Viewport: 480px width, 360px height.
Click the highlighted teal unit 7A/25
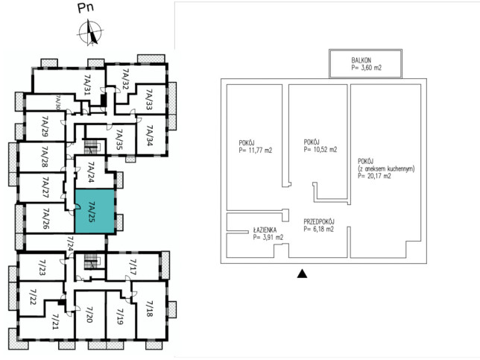coord(95,212)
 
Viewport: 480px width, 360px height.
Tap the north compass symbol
coord(90,32)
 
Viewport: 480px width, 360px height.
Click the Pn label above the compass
coord(86,7)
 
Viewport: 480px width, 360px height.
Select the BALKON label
coord(361,60)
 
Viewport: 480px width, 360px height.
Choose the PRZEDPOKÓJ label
coord(319,221)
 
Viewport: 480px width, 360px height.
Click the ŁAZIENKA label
coord(265,230)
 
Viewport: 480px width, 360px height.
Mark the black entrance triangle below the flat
coord(302,274)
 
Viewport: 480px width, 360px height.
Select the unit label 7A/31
coord(87,84)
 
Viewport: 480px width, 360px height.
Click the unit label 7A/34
coord(149,136)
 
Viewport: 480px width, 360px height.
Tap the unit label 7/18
coord(149,309)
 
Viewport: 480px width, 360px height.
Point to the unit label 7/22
coord(33,297)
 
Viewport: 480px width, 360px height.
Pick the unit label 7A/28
coord(45,157)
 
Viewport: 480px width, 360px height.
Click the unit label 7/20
coord(89,315)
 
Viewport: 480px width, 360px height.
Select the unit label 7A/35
coord(119,139)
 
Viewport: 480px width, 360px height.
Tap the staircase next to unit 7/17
coord(91,261)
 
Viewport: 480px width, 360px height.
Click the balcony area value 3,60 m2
coord(367,68)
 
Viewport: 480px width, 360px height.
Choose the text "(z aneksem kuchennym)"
coord(386,168)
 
